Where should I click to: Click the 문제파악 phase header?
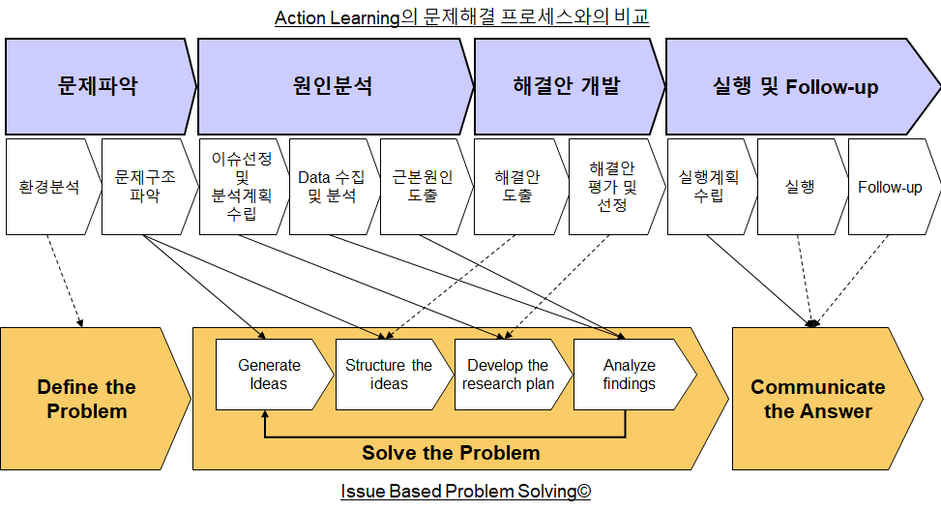pos(99,86)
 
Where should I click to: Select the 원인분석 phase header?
pos(333,86)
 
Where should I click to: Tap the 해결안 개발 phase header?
pos(567,86)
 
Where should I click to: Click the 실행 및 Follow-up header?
pos(798,86)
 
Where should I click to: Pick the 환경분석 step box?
pos(51,187)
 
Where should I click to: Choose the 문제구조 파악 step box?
pos(147,187)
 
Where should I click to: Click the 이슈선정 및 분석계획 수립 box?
pos(243,187)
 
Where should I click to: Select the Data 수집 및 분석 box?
pos(333,187)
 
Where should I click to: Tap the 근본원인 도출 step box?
pos(425,187)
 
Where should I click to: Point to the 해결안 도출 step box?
pos(519,187)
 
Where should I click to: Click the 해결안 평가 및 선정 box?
pos(615,187)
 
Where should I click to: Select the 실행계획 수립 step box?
pos(710,187)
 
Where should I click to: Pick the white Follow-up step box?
pos(893,187)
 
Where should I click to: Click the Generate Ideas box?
pos(272,375)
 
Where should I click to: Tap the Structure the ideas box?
pos(392,375)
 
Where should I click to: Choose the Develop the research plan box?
pos(511,375)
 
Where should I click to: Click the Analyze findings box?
pos(632,375)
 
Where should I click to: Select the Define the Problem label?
pos(87,399)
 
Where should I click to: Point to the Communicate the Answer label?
pos(818,399)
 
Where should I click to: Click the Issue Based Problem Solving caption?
pos(466,492)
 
